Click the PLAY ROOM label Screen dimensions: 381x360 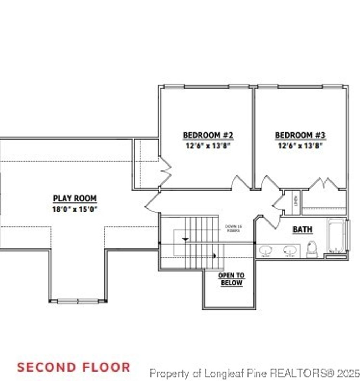pyautogui.click(x=75, y=199)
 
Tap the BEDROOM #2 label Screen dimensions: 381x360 pyautogui.click(x=208, y=135)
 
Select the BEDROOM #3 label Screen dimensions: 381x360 pyautogui.click(x=300, y=135)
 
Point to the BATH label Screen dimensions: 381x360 pyautogui.click(x=303, y=230)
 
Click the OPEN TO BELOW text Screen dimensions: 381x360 pyautogui.click(x=231, y=279)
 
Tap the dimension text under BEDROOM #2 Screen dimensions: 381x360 pyautogui.click(x=208, y=146)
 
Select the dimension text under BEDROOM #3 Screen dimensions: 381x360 pyautogui.click(x=300, y=146)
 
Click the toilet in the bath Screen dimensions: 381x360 pyautogui.click(x=311, y=249)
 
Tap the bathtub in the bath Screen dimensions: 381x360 pyautogui.click(x=336, y=235)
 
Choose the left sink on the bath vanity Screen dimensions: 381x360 pyautogui.click(x=266, y=250)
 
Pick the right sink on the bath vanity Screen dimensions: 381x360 pyautogui.click(x=290, y=250)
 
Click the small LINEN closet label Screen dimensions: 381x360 pyautogui.click(x=296, y=202)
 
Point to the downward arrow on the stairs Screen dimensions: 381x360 pyautogui.click(x=185, y=239)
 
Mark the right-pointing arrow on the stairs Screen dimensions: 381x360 pyautogui.click(x=214, y=256)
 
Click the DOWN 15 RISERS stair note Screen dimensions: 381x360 pyautogui.click(x=233, y=229)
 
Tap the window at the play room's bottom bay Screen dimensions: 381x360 pyautogui.click(x=78, y=301)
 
